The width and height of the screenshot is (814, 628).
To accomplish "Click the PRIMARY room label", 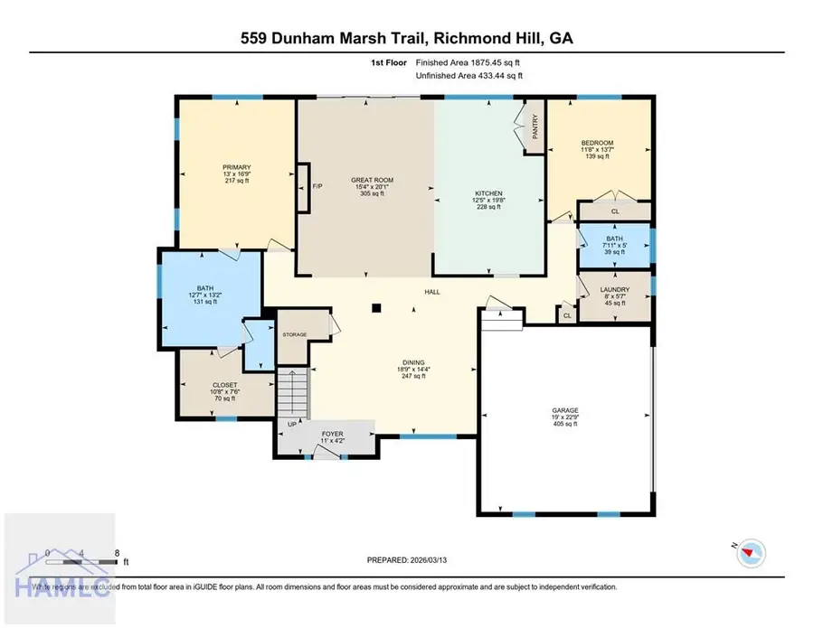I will pos(237,167).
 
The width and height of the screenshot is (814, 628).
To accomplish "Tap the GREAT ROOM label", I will pos(372,180).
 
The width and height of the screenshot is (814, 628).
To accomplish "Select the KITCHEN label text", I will pos(488,192).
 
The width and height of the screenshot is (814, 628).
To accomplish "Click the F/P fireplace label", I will pos(317,186).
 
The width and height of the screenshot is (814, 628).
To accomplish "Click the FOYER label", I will pos(333,434).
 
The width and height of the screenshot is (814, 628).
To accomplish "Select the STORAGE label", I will pos(295,334).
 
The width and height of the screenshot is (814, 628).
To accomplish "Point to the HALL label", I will pos(433,293).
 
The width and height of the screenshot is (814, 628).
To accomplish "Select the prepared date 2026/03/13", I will pos(406,560).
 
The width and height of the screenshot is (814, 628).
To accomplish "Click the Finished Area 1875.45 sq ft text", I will pos(469,62).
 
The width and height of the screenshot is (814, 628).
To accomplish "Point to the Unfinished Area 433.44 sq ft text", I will pos(469,76).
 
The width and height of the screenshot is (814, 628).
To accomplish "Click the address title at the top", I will pos(406,38).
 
